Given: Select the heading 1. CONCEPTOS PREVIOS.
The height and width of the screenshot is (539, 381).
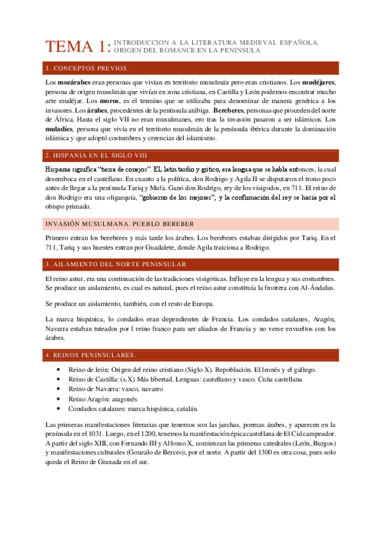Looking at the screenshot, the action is coord(87,68).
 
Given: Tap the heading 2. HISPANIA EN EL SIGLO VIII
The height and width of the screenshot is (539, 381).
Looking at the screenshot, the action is coord(96,155).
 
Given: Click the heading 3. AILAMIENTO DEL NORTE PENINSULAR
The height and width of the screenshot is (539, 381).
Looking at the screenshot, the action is coord(107,264).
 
